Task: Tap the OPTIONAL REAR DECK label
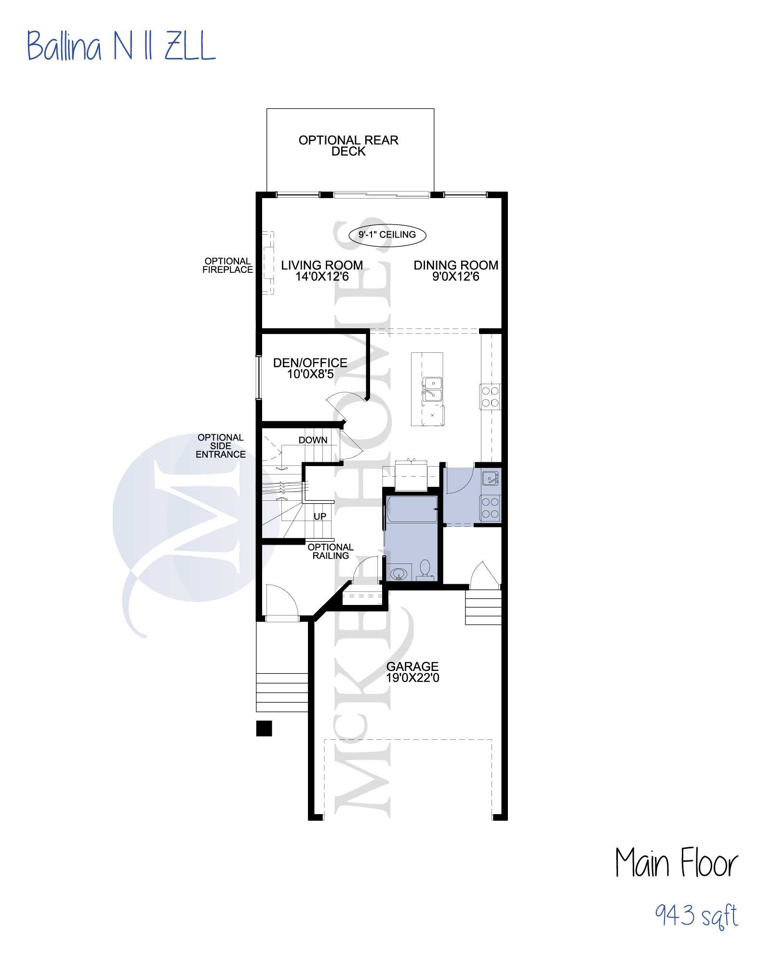pos(348,146)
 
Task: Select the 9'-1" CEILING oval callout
pos(387,235)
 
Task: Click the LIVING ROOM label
pos(322,271)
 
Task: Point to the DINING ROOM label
pos(456,271)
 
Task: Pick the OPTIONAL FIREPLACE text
pos(227,266)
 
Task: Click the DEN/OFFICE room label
pos(310,368)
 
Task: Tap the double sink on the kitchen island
pos(432,389)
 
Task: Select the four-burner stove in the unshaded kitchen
pos(490,397)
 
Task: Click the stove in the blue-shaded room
pos(490,508)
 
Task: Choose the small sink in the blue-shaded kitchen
pos(490,479)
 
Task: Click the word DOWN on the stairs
pos(313,440)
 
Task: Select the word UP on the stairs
pos(320,516)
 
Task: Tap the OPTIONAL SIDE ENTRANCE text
pos(221,446)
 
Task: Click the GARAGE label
pos(412,672)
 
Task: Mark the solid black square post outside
pos(264,728)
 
